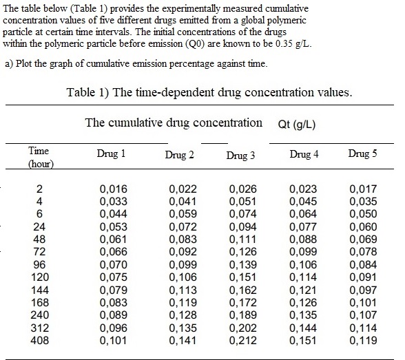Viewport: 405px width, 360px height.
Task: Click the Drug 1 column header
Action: tap(112, 154)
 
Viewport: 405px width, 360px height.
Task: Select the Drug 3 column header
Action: tap(240, 156)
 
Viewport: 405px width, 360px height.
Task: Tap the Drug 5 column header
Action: tap(362, 153)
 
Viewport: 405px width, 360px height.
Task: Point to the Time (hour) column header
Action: tap(40, 158)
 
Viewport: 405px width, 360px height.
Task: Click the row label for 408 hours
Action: tap(39, 339)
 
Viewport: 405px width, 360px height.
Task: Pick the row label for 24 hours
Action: tap(39, 226)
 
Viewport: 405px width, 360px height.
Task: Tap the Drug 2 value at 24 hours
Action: tap(183, 226)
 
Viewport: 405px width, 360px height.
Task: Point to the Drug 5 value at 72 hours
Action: tap(362, 251)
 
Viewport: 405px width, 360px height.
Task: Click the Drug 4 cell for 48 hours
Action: tap(303, 239)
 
